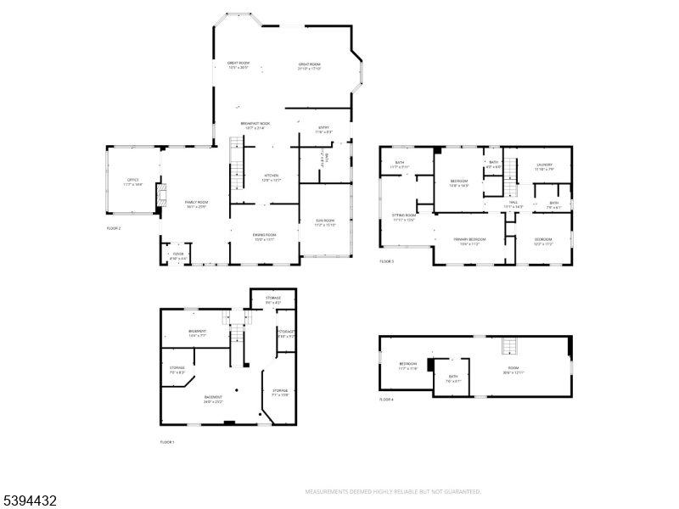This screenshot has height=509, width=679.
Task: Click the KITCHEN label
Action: [x=271, y=177]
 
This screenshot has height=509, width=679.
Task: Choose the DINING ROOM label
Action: [x=265, y=237]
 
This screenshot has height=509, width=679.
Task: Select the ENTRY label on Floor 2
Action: [x=323, y=130]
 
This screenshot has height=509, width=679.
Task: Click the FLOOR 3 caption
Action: [x=386, y=260]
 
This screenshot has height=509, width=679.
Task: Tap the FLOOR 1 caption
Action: [x=167, y=442]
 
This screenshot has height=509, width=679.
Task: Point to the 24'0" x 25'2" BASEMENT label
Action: [x=213, y=399]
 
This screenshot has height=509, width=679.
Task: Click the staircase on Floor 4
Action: [x=509, y=346]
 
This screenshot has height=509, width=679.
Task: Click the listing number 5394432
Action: [x=29, y=501]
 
